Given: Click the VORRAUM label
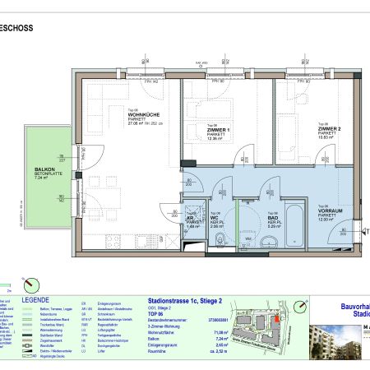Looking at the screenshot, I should tap(329, 210).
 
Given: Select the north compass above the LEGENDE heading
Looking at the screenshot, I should tap(31, 282).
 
